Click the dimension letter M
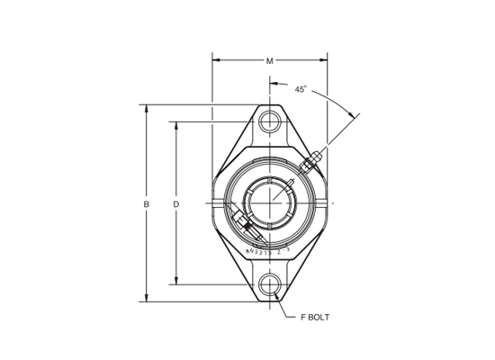point(270,61)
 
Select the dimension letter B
point(147,204)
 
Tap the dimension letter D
point(176,204)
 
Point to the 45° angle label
point(301,89)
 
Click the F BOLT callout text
point(315,317)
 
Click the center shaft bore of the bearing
point(270,203)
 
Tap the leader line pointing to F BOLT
point(287,311)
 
